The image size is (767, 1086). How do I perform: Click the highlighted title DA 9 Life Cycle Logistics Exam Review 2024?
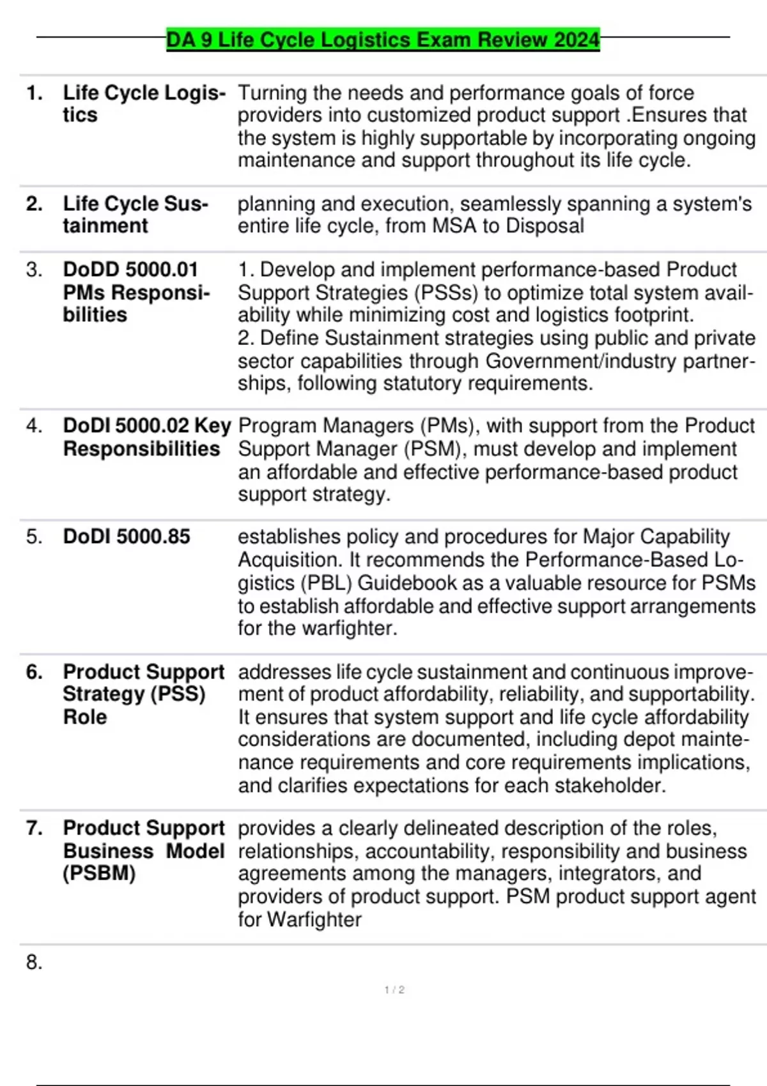click(x=383, y=40)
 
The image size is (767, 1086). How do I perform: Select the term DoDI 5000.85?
click(x=126, y=537)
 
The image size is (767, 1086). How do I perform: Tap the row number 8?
click(x=34, y=962)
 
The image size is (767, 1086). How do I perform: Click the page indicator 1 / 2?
click(x=394, y=990)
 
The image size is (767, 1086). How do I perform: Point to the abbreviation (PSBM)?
click(x=99, y=873)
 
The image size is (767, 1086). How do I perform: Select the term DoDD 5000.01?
click(x=130, y=270)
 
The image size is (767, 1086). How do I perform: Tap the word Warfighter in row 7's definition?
click(x=314, y=920)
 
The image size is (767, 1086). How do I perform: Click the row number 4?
click(x=34, y=425)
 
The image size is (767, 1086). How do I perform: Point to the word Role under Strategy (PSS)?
click(x=84, y=717)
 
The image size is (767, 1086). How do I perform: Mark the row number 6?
click(x=34, y=672)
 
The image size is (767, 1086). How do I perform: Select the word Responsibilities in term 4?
click(x=141, y=449)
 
